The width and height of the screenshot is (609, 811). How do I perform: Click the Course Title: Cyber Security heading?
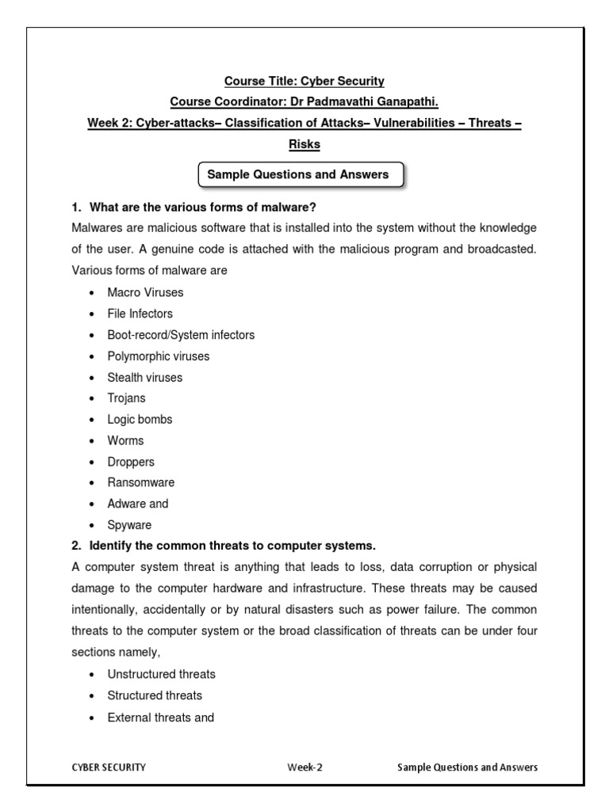(x=304, y=82)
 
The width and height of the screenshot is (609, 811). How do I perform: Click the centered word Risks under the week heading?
(x=304, y=145)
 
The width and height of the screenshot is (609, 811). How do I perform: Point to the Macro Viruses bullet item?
(x=145, y=292)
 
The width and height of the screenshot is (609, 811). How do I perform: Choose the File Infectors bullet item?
(x=140, y=314)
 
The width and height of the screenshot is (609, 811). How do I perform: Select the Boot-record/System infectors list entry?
(x=181, y=335)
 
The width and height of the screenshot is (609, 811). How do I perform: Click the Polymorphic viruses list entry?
(x=159, y=356)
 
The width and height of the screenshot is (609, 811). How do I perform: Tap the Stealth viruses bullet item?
(x=145, y=378)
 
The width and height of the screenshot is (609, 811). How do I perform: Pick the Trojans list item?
(x=127, y=398)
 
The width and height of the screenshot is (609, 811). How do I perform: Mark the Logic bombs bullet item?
(x=140, y=420)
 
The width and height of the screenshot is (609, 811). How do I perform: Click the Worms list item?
(x=126, y=440)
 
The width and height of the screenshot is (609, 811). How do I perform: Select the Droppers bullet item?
(x=131, y=462)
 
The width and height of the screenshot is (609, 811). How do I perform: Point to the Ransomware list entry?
(x=141, y=482)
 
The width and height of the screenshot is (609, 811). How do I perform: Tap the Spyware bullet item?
(x=129, y=525)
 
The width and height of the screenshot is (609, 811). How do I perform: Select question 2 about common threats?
(x=223, y=546)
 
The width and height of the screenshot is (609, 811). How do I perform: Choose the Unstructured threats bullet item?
(x=162, y=674)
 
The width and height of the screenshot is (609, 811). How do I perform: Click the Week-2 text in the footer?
(x=305, y=767)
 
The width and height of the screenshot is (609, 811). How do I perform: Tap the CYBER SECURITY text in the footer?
(x=109, y=767)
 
